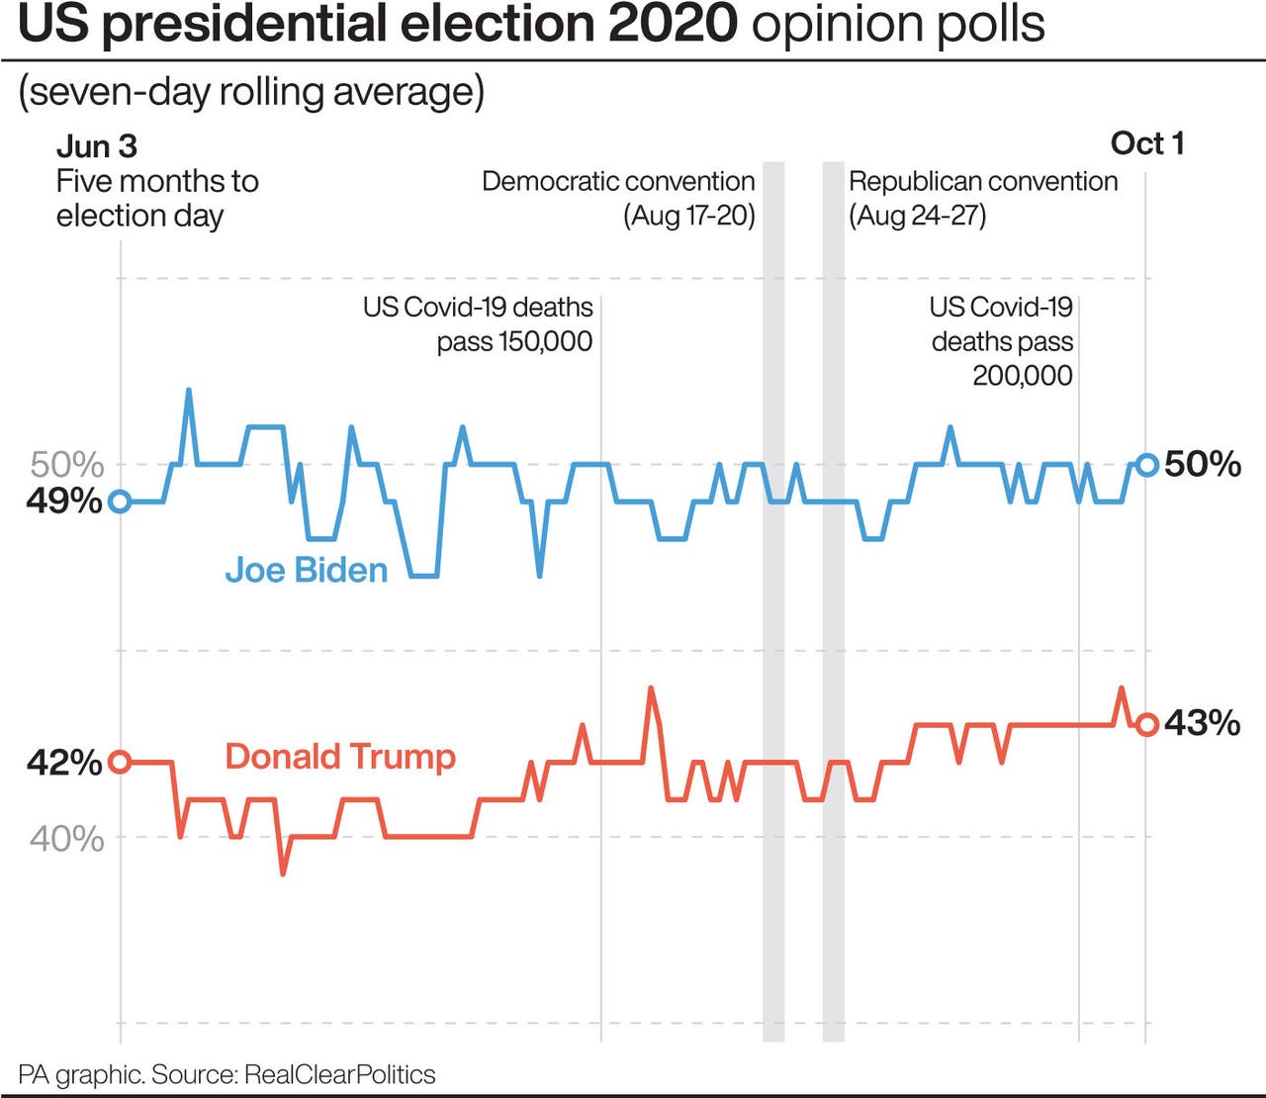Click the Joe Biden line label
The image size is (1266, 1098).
click(306, 570)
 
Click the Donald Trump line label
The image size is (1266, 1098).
click(340, 757)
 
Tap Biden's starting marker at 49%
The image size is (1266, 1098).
click(120, 502)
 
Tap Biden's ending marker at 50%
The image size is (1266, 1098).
click(1146, 464)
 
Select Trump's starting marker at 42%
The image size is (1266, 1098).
click(120, 762)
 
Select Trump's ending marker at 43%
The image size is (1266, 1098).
click(1146, 725)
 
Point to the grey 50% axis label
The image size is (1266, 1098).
click(67, 464)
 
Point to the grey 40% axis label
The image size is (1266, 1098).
click(67, 839)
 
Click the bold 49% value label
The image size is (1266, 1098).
click(64, 502)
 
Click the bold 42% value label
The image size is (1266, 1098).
click(64, 763)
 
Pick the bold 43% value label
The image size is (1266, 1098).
click(1202, 723)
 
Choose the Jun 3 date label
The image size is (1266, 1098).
click(97, 146)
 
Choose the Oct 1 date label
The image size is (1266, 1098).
click(1146, 143)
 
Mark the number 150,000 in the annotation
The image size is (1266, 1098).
click(545, 342)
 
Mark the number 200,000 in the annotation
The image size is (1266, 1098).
click(1022, 376)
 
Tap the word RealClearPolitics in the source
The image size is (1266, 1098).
click(339, 1075)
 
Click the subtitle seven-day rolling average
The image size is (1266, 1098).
click(251, 92)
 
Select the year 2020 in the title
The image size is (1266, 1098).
click(673, 24)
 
